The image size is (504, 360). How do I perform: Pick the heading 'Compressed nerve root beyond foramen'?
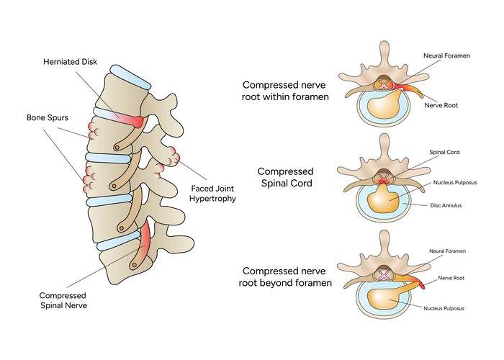[287, 276]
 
